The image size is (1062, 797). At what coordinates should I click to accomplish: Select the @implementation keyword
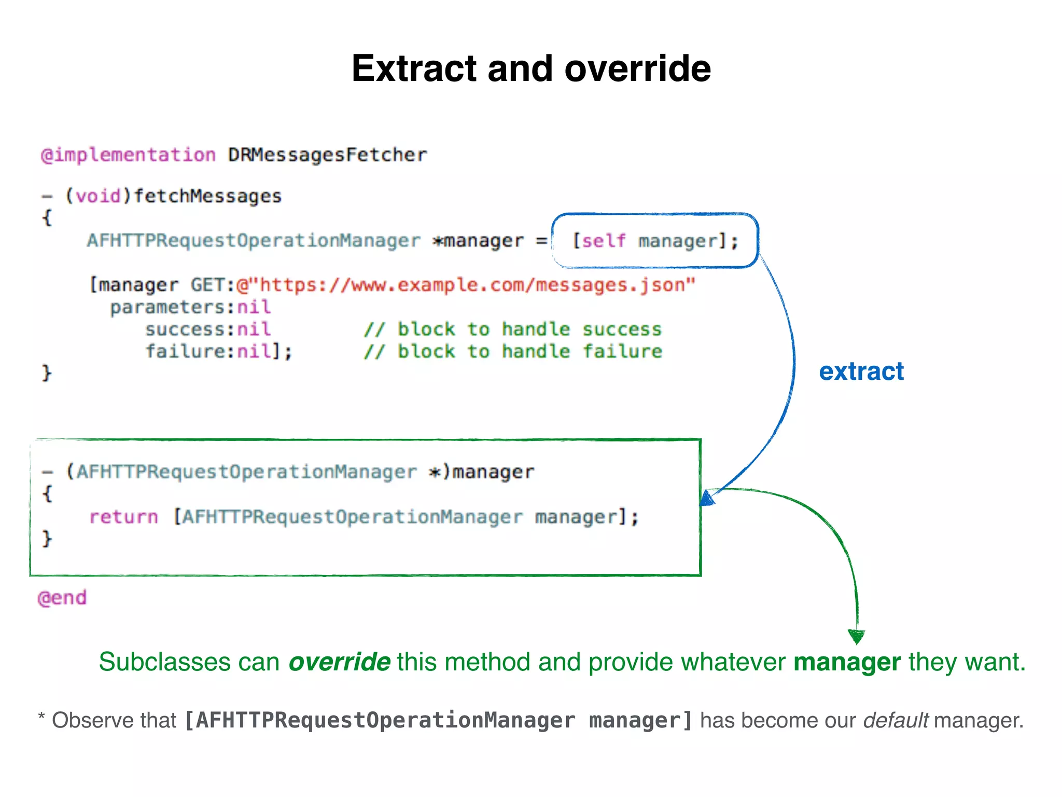[128, 155]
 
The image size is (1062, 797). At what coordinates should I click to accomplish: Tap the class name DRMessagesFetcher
[327, 155]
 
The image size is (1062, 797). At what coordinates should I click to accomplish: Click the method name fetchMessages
[207, 196]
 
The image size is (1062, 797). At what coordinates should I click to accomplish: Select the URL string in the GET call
[466, 285]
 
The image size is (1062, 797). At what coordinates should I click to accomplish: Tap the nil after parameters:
[254, 307]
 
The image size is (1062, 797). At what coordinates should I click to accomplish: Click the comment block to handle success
[512, 329]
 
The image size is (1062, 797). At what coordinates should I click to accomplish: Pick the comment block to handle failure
[512, 352]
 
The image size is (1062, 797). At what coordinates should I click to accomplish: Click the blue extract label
[861, 372]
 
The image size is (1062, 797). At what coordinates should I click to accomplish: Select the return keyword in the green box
[123, 517]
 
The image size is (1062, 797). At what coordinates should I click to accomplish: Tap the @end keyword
[62, 598]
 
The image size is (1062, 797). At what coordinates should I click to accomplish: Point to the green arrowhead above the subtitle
[856, 636]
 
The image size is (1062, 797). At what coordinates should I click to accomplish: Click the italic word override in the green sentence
[339, 662]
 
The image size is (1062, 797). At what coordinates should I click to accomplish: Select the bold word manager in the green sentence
[847, 662]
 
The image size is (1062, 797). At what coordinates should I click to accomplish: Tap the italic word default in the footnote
[896, 721]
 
